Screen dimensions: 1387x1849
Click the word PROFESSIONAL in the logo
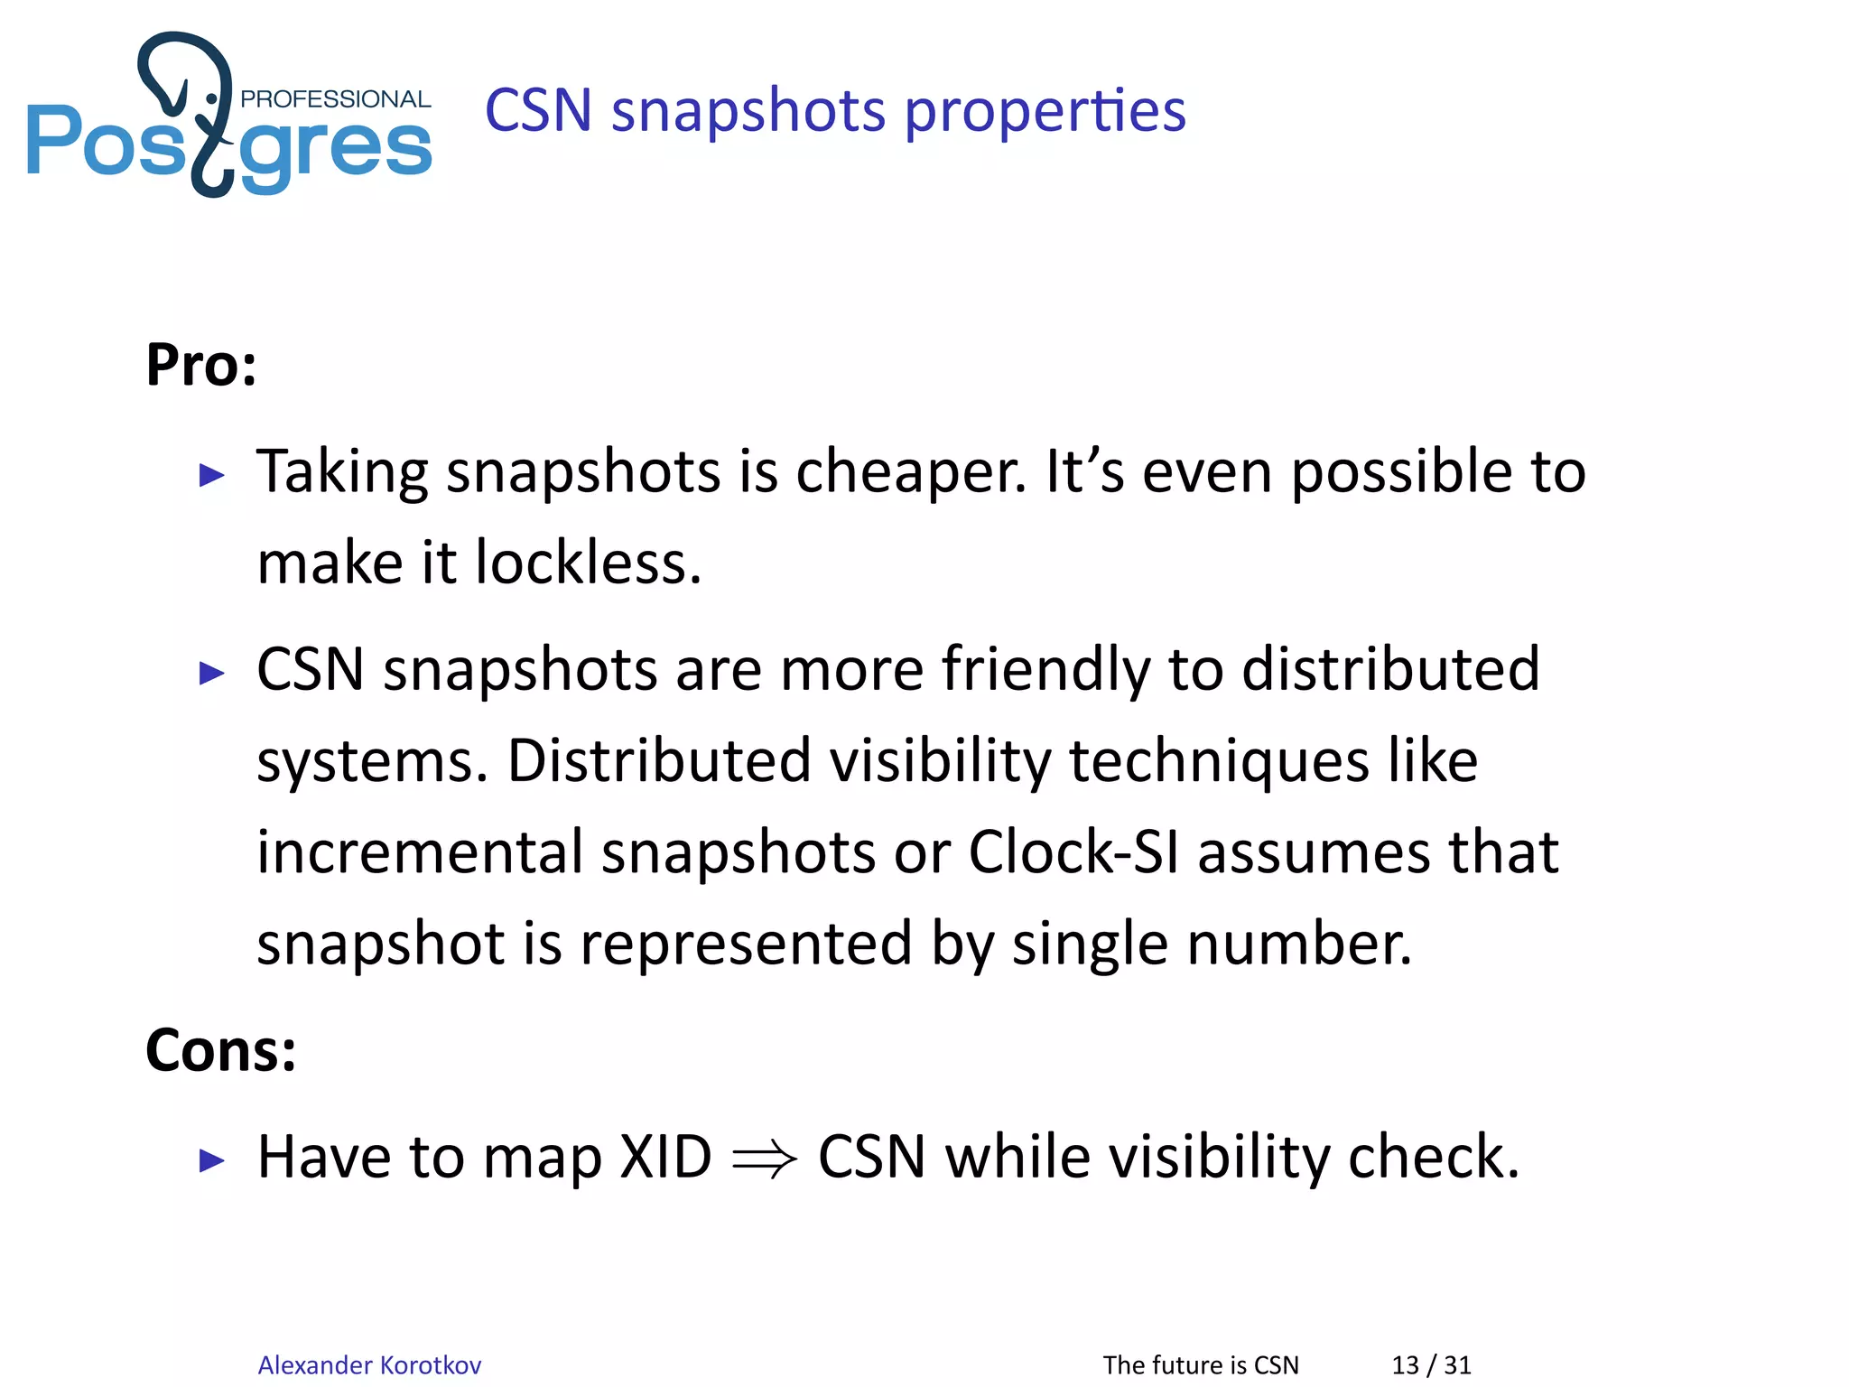pyautogui.click(x=335, y=98)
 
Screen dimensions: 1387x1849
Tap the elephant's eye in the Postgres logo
pyautogui.click(x=211, y=98)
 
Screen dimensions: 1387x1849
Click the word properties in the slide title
pyautogui.click(x=1045, y=111)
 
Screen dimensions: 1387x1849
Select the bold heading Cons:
pyautogui.click(x=221, y=1051)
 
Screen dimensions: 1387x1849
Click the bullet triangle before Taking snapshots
pyautogui.click(x=211, y=475)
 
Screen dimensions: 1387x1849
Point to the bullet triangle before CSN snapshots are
pyautogui.click(x=211, y=673)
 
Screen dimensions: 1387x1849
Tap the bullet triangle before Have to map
pyautogui.click(x=211, y=1160)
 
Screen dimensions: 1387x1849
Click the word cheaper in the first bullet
pyautogui.click(x=910, y=472)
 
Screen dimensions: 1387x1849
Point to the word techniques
pyautogui.click(x=1219, y=761)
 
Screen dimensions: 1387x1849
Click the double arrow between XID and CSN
pyautogui.click(x=765, y=1159)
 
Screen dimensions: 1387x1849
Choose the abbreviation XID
pyautogui.click(x=665, y=1158)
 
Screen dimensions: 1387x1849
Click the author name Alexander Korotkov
pyautogui.click(x=369, y=1364)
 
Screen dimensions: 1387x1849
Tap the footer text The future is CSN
pyautogui.click(x=1201, y=1364)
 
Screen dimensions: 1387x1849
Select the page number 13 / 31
pyautogui.click(x=1431, y=1364)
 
